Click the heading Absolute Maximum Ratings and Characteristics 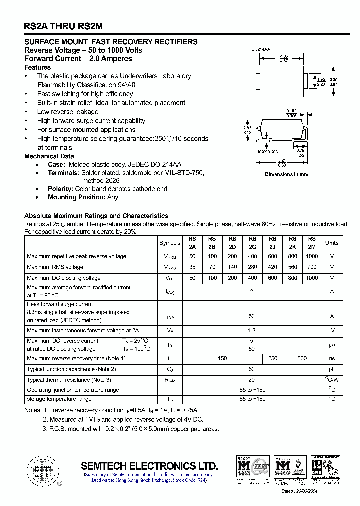click(96, 216)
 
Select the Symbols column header click(170, 243)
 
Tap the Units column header click(332, 243)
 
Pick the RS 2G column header click(252, 243)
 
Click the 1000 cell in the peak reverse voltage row click(312, 256)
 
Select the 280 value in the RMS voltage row click(252, 267)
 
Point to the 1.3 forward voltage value click(252, 330)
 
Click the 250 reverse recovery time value click(272, 358)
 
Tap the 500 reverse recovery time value click(302, 358)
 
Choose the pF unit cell click(332, 369)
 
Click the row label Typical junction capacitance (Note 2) click(71, 369)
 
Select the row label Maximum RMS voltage click(55, 267)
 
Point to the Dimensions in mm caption click(286, 174)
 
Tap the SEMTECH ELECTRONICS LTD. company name click(149, 465)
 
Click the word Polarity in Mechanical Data click(60, 189)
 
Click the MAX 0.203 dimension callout click(268, 151)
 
